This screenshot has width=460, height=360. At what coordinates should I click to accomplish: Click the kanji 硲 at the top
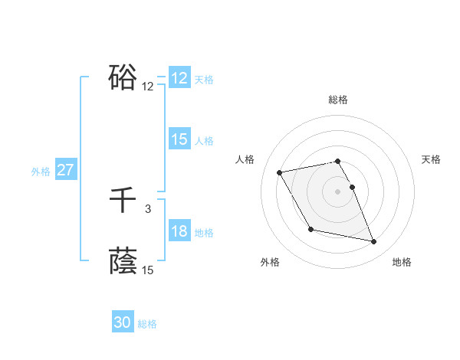(x=123, y=77)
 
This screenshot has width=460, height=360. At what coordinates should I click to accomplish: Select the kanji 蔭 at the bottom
(x=123, y=261)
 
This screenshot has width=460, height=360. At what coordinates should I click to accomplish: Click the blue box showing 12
(x=179, y=78)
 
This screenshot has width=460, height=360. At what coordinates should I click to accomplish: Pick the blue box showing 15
(x=179, y=139)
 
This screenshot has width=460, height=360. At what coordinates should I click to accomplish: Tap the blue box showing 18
(x=179, y=231)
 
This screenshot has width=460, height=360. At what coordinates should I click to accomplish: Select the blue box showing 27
(x=66, y=170)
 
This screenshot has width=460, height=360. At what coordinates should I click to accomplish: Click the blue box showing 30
(x=123, y=322)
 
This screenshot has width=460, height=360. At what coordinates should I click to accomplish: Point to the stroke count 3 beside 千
(x=148, y=208)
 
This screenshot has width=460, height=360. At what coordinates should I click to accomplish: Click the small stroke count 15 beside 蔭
(x=148, y=270)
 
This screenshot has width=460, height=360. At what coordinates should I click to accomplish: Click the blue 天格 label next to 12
(x=204, y=80)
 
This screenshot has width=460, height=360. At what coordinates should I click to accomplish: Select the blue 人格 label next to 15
(x=204, y=141)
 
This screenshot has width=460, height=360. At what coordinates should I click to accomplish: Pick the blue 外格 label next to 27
(x=41, y=172)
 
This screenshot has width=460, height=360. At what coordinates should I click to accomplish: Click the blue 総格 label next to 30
(x=148, y=324)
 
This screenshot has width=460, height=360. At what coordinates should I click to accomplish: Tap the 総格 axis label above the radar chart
(x=338, y=100)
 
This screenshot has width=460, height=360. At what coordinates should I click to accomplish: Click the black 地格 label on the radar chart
(x=402, y=262)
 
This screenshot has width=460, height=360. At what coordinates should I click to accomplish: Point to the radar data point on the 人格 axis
(x=280, y=172)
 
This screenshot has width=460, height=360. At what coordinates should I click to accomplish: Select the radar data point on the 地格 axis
(x=374, y=242)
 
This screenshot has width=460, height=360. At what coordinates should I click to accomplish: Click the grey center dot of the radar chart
(x=338, y=191)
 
